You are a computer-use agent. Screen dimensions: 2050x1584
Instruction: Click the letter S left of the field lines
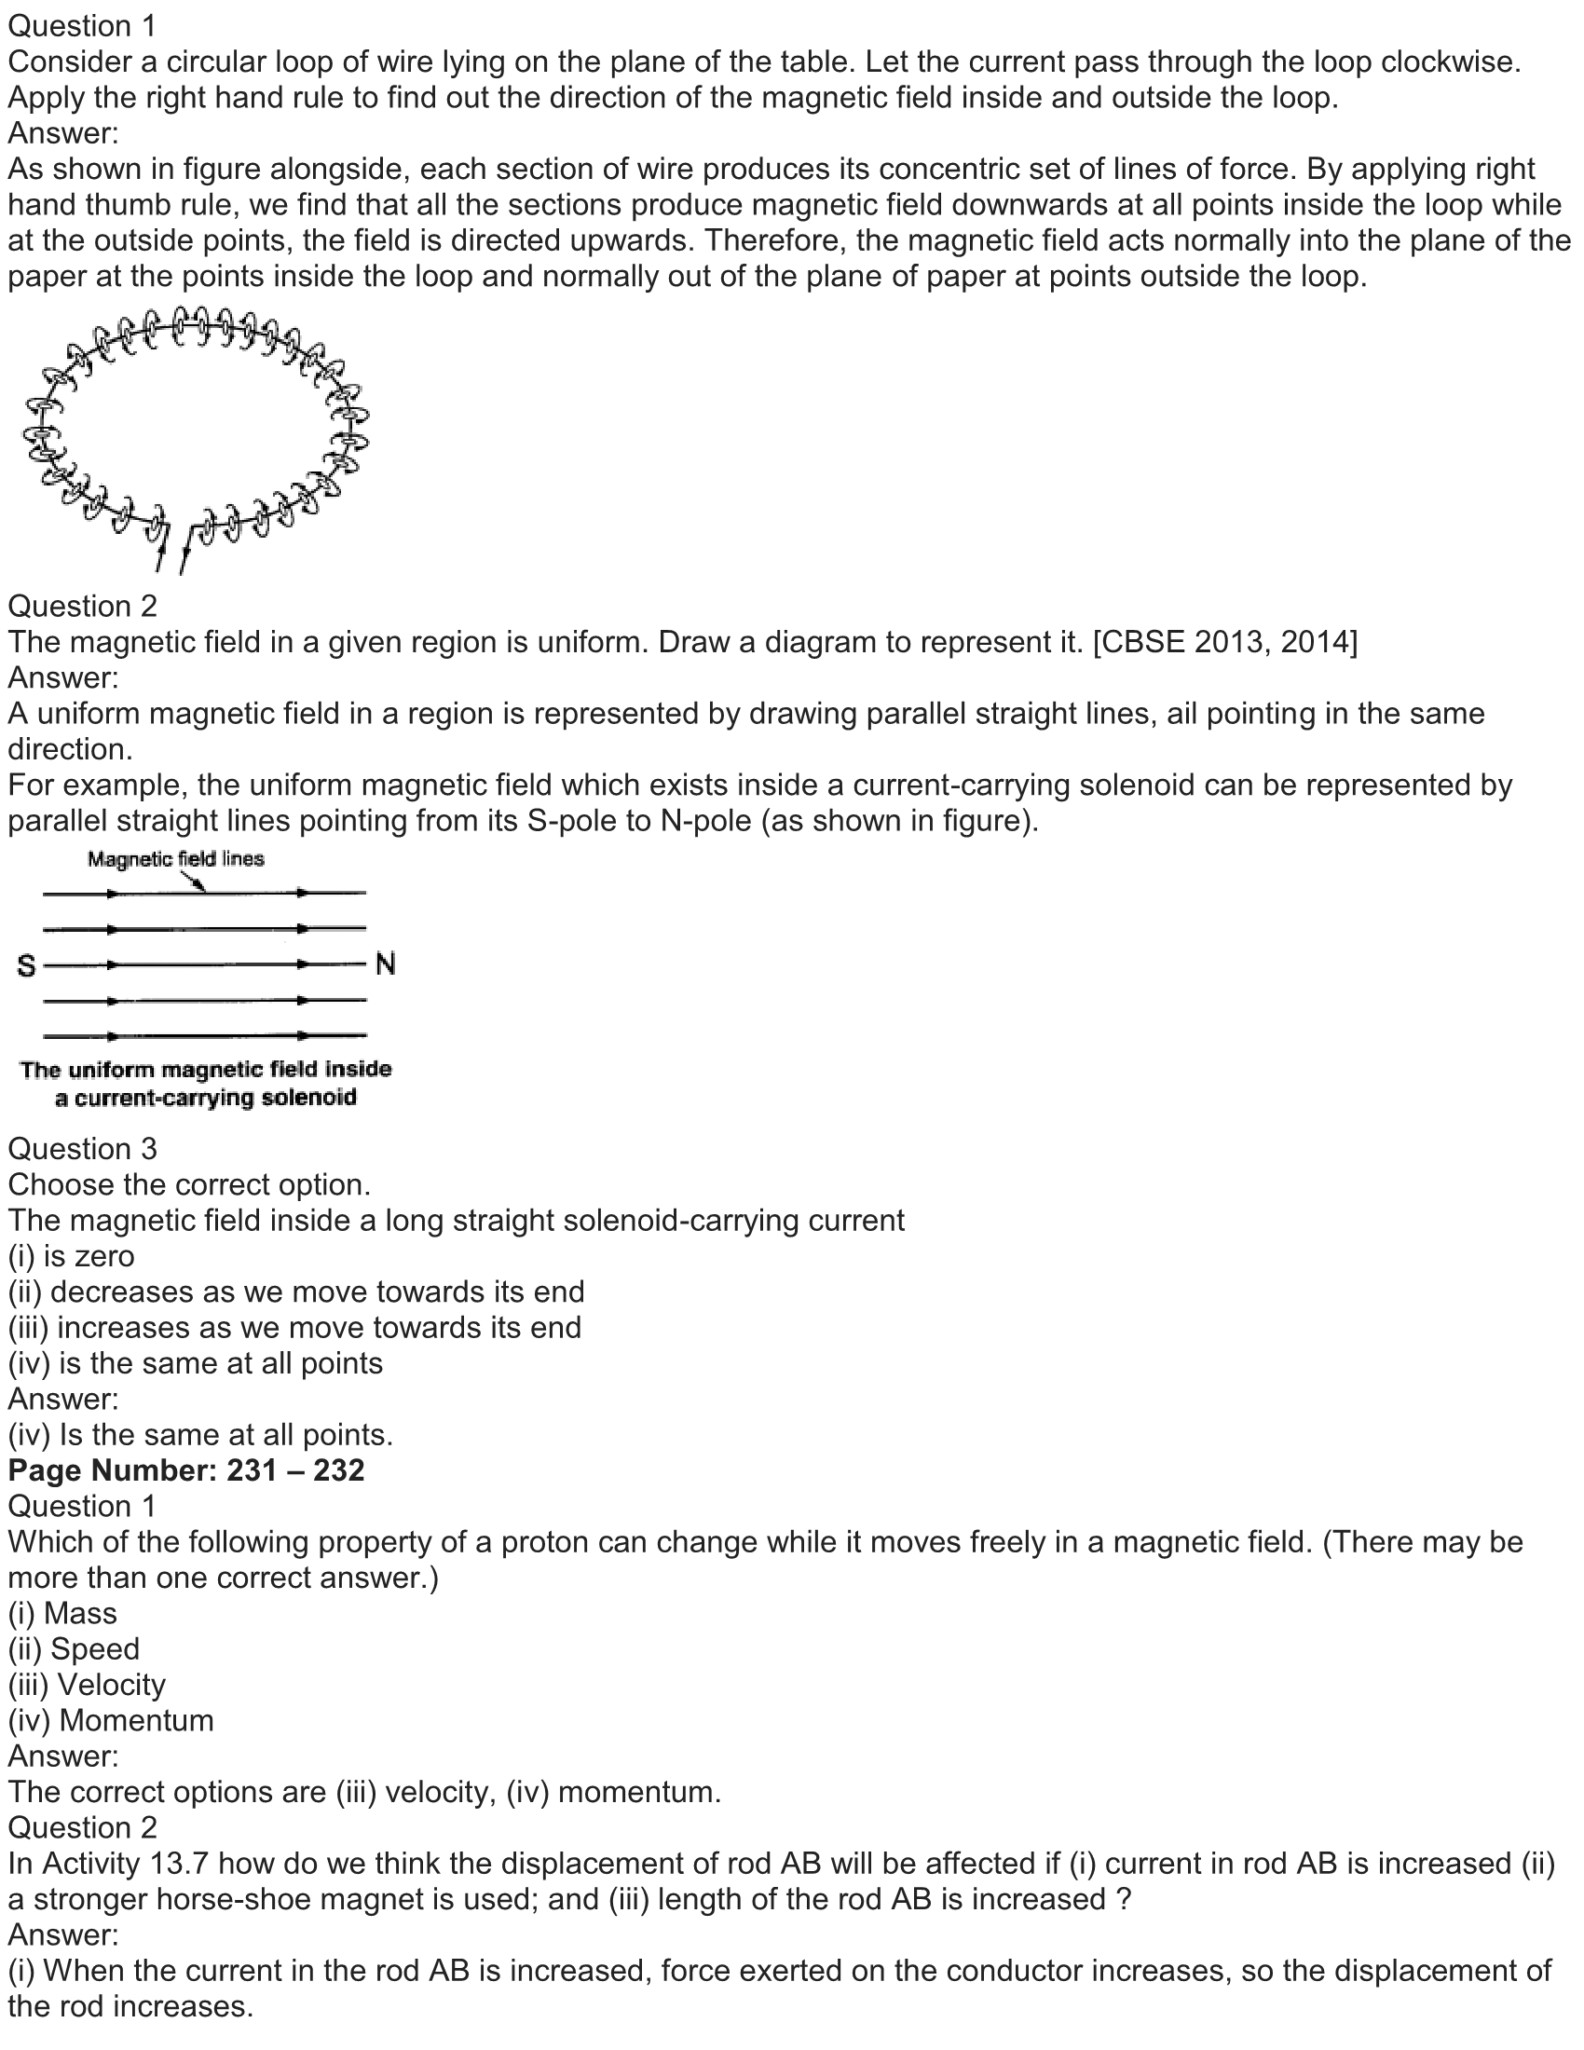(x=26, y=965)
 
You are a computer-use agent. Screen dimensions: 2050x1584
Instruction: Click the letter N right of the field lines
(x=385, y=964)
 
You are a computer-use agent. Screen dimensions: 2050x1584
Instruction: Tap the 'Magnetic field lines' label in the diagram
(x=175, y=859)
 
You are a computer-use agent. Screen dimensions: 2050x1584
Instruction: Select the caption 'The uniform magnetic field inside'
(x=206, y=1069)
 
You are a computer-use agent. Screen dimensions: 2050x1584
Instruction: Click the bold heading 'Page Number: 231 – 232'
(x=185, y=1469)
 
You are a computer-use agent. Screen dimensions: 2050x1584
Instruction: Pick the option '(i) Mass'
(x=62, y=1613)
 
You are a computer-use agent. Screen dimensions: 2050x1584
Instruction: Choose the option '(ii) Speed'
(x=75, y=1648)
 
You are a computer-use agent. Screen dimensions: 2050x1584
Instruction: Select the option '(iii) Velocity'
(x=87, y=1684)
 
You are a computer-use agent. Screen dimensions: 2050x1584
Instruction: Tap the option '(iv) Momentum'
(x=111, y=1719)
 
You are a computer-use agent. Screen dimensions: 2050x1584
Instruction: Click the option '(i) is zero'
(x=72, y=1256)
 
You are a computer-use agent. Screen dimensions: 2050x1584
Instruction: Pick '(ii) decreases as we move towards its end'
(x=295, y=1291)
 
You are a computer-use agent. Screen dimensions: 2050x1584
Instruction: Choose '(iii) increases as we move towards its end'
(x=294, y=1327)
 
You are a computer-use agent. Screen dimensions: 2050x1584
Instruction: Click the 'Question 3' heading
(x=83, y=1149)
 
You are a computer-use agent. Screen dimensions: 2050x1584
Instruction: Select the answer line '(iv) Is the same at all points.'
(x=201, y=1434)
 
